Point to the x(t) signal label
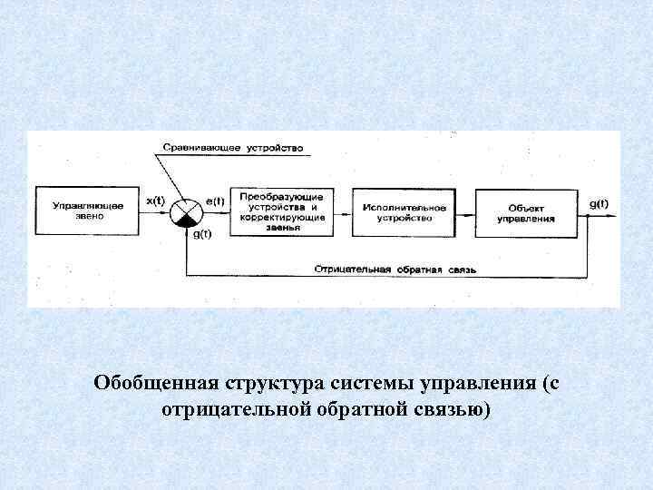point(155,201)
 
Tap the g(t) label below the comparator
point(202,234)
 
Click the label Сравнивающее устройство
point(233,147)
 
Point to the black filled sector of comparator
point(188,221)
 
